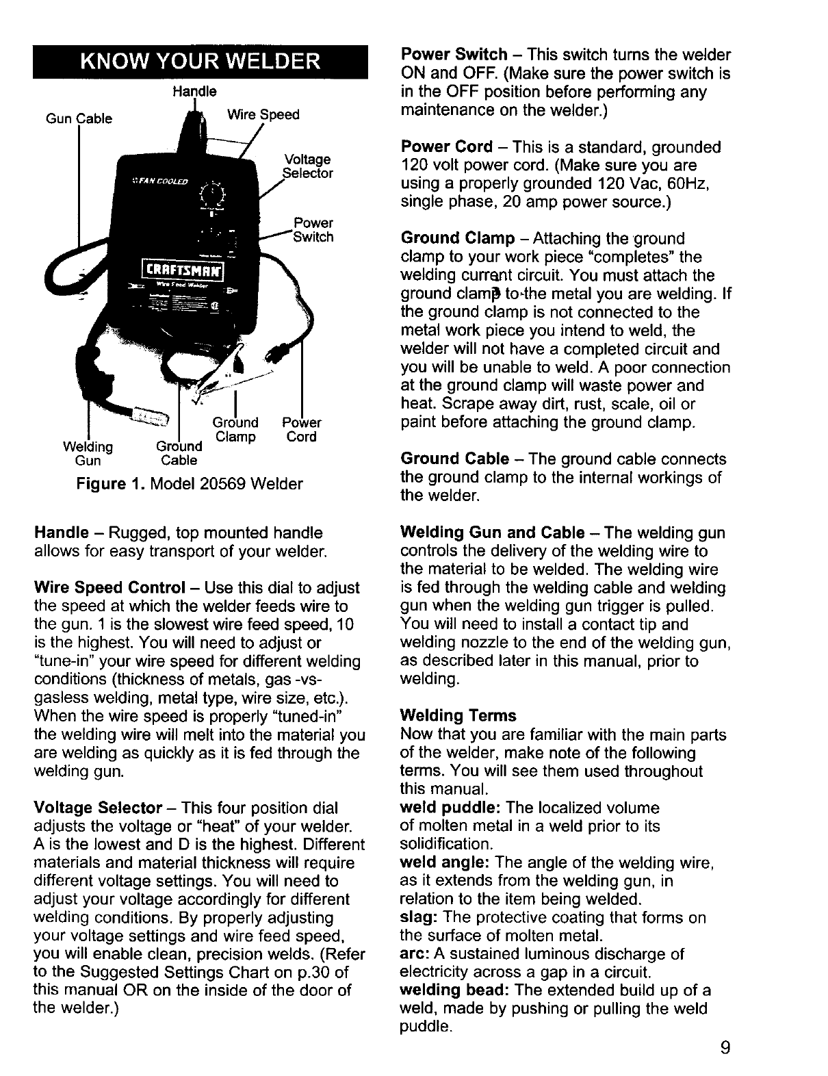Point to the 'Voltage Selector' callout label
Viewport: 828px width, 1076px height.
[307, 166]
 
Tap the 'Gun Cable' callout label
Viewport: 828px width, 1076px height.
[79, 119]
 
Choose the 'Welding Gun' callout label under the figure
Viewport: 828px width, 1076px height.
[88, 453]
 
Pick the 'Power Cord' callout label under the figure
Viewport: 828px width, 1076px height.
[301, 430]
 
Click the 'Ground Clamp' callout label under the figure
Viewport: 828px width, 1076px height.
[235, 430]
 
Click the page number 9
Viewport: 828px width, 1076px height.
[725, 1047]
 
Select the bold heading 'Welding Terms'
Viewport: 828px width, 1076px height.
[458, 716]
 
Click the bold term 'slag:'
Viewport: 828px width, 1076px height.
[417, 917]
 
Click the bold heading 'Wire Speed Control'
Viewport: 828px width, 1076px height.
[109, 588]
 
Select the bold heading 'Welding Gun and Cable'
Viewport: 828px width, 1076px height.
[493, 533]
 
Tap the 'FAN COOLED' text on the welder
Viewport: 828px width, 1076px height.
[155, 181]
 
